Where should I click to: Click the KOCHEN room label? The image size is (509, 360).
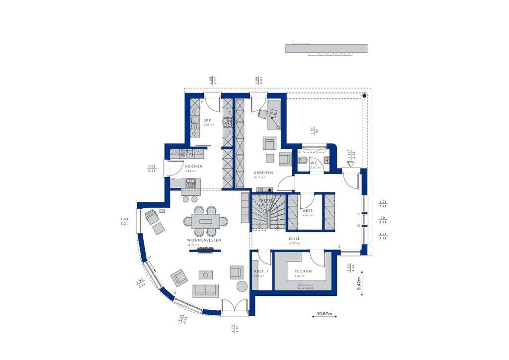(193, 167)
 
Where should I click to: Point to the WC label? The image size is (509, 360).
(314, 163)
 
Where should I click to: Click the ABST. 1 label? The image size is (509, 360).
(261, 271)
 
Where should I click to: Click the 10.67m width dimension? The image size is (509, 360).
(327, 314)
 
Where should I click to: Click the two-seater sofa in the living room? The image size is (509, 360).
(206, 290)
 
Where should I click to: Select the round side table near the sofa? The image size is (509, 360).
(241, 286)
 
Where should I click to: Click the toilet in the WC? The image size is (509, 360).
(303, 160)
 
